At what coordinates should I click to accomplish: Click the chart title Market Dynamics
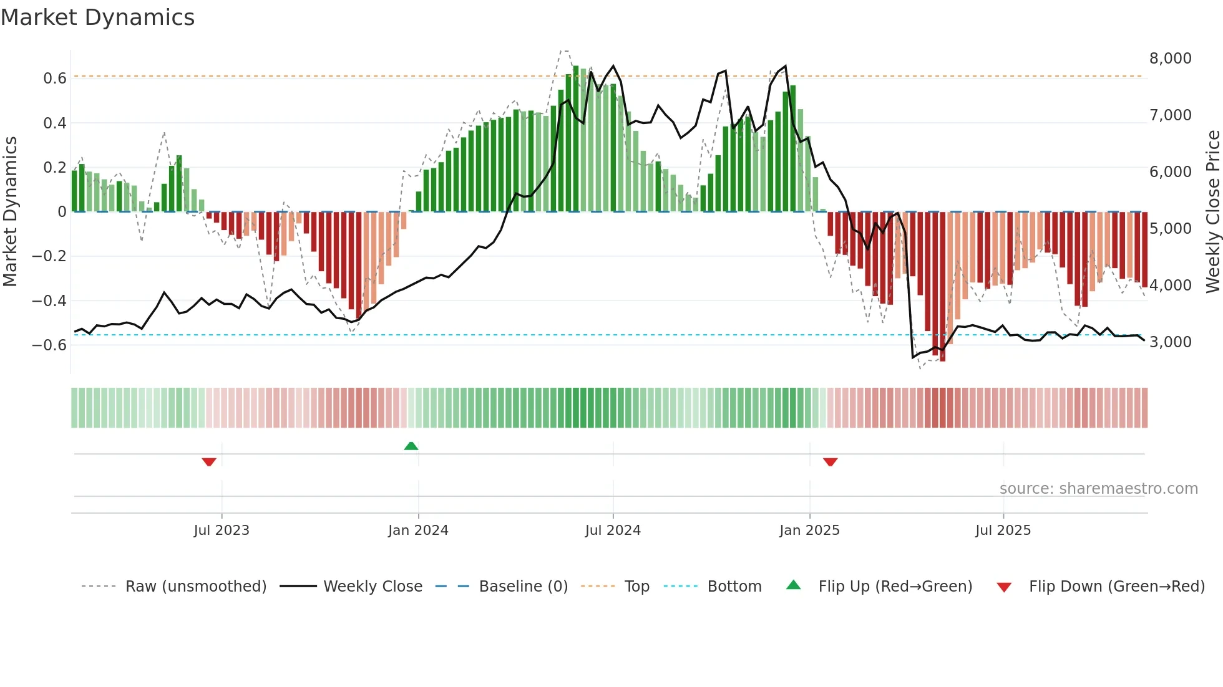pos(97,17)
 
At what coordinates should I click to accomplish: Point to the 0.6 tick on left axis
pos(54,79)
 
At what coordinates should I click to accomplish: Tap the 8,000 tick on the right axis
pos(1170,59)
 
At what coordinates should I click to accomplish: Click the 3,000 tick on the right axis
pos(1170,342)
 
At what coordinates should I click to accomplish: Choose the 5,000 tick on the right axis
pos(1170,229)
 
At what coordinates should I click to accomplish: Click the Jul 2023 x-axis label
pos(222,531)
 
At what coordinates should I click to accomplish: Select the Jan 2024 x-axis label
pos(418,531)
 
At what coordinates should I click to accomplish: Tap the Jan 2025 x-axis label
pos(809,531)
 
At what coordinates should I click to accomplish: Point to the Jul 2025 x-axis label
pos(1003,531)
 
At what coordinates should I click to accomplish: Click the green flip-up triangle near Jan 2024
pos(411,446)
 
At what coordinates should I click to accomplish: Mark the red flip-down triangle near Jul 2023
pos(209,462)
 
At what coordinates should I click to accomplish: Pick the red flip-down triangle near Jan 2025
pos(830,462)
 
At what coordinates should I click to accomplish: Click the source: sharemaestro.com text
pos(1098,489)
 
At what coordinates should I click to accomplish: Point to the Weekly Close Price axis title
pos(1212,211)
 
